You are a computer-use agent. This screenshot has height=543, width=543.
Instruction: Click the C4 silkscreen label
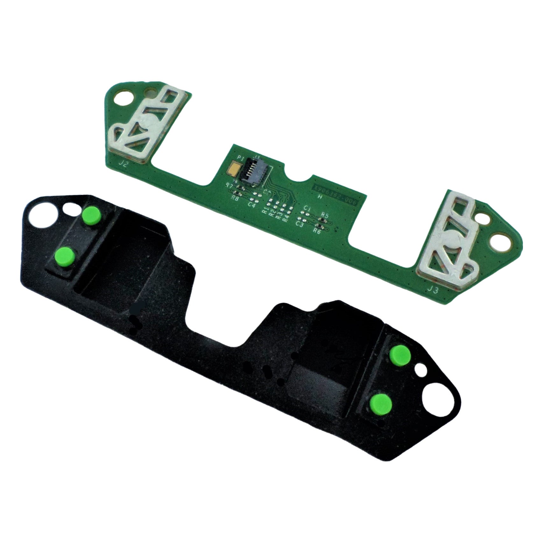point(252,205)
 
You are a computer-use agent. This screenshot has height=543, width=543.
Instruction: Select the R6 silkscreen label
point(317,232)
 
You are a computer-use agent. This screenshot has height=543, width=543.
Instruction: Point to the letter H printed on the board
point(321,196)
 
